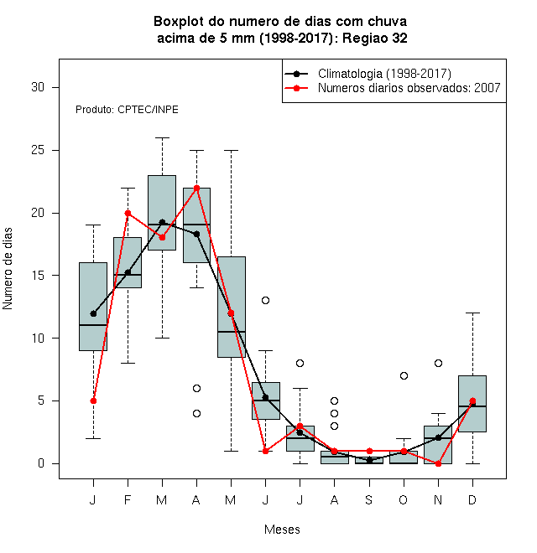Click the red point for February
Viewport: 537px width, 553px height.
(x=128, y=213)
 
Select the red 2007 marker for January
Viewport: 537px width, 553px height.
(x=93, y=401)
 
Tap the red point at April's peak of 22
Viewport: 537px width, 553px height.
(x=197, y=188)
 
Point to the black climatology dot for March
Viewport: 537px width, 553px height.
(x=162, y=222)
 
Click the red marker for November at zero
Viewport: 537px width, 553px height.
(x=438, y=464)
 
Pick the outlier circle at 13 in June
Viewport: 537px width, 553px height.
(x=266, y=301)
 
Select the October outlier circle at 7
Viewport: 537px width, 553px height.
(x=404, y=376)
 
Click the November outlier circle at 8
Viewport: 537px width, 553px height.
(x=438, y=364)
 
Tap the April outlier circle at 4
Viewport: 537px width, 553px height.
(x=197, y=413)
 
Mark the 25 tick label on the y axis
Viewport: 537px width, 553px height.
(x=38, y=150)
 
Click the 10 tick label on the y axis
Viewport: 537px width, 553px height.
(x=38, y=339)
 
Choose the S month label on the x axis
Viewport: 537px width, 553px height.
(x=369, y=499)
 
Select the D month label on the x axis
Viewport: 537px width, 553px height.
(x=472, y=499)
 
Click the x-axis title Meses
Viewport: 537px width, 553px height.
(x=282, y=530)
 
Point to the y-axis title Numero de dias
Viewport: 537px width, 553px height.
(x=8, y=269)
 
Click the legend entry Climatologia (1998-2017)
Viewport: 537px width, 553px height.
(x=384, y=74)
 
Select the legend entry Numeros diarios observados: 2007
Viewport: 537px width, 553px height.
(x=409, y=88)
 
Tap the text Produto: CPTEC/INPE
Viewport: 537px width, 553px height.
(x=127, y=110)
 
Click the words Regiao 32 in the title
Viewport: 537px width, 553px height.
(x=375, y=38)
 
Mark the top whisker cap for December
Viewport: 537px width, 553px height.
(x=472, y=313)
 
